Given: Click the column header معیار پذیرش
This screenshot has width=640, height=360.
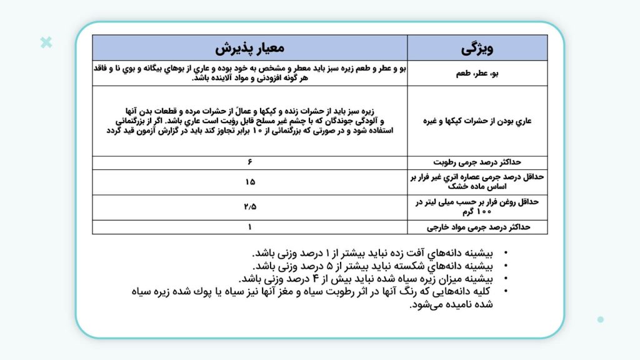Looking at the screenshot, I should click(x=250, y=47).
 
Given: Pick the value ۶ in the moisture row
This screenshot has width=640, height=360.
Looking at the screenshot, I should click(x=250, y=162).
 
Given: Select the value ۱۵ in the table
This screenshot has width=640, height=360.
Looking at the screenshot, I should click(x=250, y=182).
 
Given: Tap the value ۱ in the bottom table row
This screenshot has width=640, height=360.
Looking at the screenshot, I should click(x=250, y=227).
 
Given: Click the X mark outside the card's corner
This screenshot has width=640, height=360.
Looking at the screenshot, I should click(x=46, y=42).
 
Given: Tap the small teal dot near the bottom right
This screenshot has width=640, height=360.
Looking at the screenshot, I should click(x=601, y=319).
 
